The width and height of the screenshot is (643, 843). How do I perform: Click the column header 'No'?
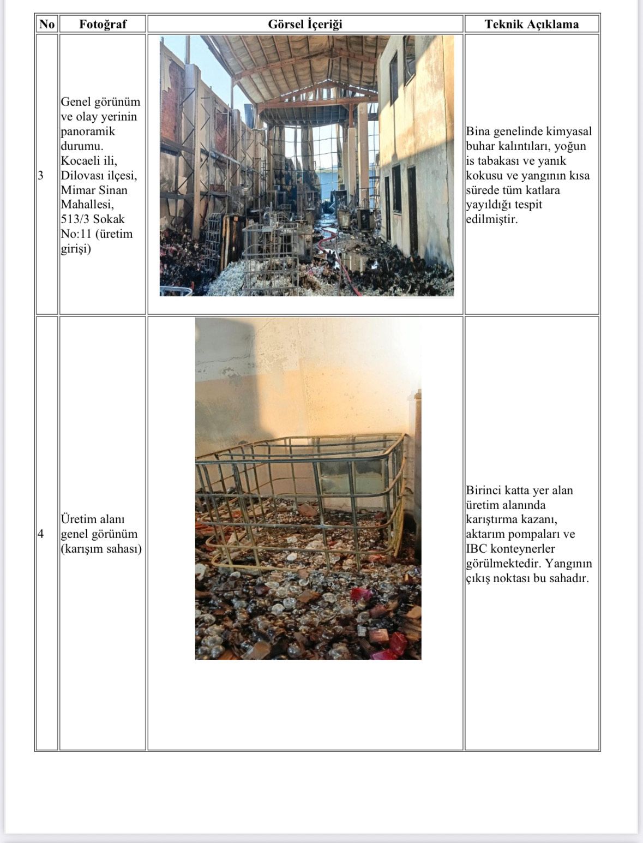pyautogui.click(x=47, y=24)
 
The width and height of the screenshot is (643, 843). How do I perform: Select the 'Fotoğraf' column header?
pyautogui.click(x=103, y=24)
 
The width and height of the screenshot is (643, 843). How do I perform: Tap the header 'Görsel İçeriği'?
pyautogui.click(x=305, y=24)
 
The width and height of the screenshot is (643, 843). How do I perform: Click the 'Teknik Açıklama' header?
pyautogui.click(x=531, y=24)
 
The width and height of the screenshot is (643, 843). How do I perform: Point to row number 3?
pyautogui.click(x=40, y=175)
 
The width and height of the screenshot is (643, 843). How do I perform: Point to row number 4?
pyautogui.click(x=40, y=534)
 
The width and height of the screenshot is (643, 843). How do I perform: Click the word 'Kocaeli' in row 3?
pyautogui.click(x=80, y=161)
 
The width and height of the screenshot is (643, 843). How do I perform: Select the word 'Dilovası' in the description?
pyautogui.click(x=82, y=176)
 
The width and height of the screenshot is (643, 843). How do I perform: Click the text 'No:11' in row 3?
pyautogui.click(x=76, y=234)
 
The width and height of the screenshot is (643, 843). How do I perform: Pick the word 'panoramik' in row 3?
pyautogui.click(x=88, y=131)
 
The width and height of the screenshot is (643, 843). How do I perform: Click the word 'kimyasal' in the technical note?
pyautogui.click(x=570, y=131)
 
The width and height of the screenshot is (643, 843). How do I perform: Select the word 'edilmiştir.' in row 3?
pyautogui.click(x=491, y=219)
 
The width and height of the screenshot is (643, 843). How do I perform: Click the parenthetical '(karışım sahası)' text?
pyautogui.click(x=101, y=548)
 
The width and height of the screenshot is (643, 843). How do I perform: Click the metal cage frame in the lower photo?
pyautogui.click(x=300, y=491)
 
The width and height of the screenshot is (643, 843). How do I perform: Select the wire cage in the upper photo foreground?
pyautogui.click(x=270, y=256)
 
